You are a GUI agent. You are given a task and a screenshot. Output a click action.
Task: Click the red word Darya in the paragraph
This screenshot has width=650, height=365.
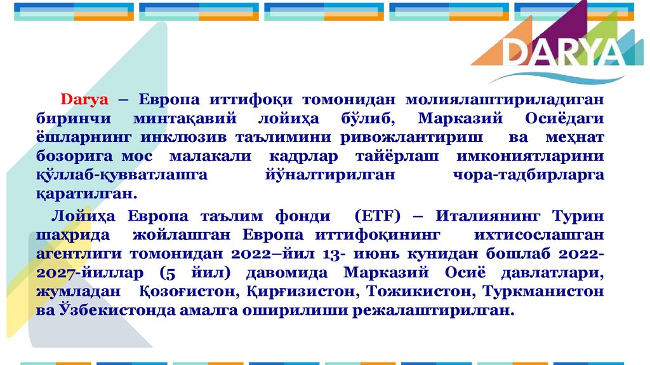[85, 100]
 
